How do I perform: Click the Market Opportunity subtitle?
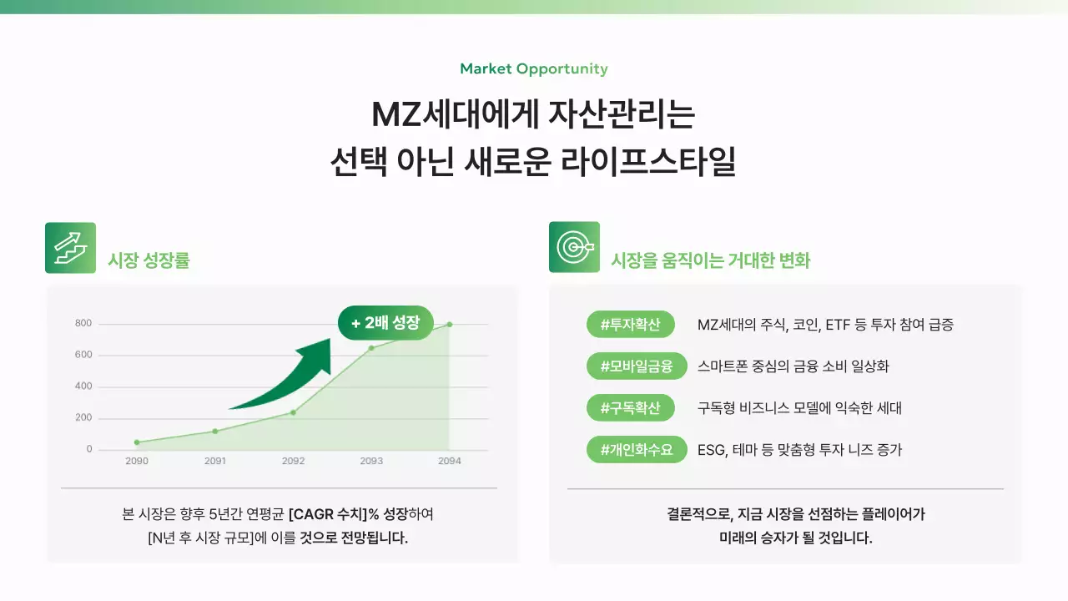click(534, 69)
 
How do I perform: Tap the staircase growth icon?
click(70, 248)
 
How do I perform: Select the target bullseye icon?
click(574, 247)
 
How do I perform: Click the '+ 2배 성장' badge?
click(385, 323)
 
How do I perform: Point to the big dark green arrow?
click(288, 376)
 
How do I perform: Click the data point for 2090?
click(137, 442)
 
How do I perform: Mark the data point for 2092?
click(293, 412)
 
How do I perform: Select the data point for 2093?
click(371, 348)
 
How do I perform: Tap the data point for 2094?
click(450, 324)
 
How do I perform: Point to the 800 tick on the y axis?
click(83, 324)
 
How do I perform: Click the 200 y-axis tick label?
click(83, 417)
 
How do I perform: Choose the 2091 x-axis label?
click(215, 461)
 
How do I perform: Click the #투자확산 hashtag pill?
click(631, 325)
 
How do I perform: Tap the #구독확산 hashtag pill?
click(631, 408)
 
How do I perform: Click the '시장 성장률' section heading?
click(149, 260)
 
